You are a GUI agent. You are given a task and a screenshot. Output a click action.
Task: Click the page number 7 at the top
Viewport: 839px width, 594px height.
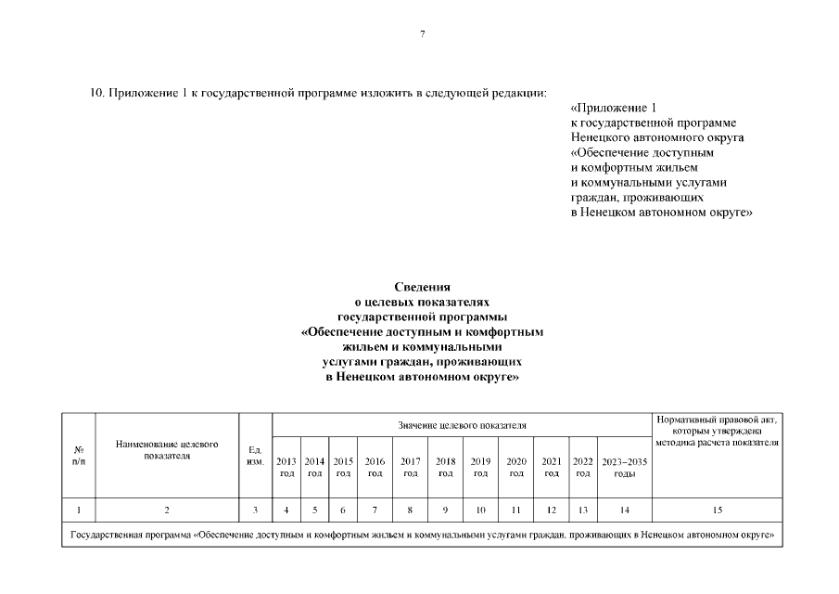click(x=422, y=33)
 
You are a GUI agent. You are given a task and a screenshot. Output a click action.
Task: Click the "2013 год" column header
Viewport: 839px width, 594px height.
click(x=286, y=466)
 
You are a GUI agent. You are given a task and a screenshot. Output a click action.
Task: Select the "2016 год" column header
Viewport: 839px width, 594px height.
click(x=375, y=466)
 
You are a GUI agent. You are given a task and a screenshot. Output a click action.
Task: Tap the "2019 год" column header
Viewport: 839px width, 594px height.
click(x=481, y=466)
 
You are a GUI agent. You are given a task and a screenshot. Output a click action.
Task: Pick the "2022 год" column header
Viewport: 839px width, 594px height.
click(x=582, y=466)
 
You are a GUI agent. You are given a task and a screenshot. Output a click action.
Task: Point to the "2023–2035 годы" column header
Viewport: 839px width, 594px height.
click(x=625, y=466)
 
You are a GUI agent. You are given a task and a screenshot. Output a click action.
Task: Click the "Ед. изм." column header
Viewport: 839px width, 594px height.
click(x=256, y=455)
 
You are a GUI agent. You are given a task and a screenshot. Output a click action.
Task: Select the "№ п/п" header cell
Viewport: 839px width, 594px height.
click(x=79, y=455)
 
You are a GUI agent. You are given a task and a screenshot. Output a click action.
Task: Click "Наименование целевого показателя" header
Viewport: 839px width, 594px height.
click(x=167, y=450)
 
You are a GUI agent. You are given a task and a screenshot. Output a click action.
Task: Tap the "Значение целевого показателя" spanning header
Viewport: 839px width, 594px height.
click(x=462, y=425)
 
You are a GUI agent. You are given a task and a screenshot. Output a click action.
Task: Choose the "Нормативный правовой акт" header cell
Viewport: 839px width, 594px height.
click(x=716, y=431)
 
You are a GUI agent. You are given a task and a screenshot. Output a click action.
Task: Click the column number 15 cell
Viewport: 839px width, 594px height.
click(x=716, y=510)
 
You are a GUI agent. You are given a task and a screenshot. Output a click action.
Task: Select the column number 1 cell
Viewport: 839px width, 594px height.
click(x=79, y=510)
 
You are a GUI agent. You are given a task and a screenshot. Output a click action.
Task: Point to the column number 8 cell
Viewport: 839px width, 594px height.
click(x=410, y=510)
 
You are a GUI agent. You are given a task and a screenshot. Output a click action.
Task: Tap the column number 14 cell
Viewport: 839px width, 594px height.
click(x=625, y=510)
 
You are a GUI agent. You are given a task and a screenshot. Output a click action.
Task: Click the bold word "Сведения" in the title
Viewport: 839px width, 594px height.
click(x=422, y=287)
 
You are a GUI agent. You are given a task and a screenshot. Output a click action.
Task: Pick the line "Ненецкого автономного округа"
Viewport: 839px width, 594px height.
click(x=657, y=137)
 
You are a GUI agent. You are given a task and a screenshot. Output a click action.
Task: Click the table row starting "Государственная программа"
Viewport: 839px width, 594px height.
click(x=422, y=536)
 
